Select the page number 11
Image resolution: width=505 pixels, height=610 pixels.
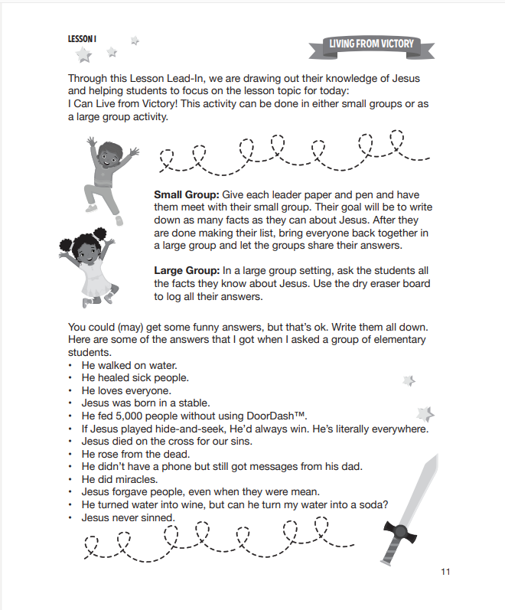tap(446, 571)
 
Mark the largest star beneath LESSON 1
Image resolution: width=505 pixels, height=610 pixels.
tap(83, 55)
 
